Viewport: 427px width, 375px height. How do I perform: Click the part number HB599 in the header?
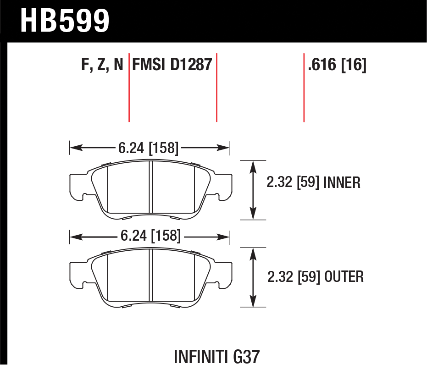click(x=65, y=21)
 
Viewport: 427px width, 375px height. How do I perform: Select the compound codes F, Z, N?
click(x=102, y=65)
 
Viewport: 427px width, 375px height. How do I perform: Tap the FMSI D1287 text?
click(x=172, y=65)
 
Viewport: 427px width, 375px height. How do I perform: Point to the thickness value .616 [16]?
click(x=337, y=65)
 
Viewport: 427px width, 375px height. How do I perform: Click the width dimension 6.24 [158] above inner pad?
click(x=149, y=148)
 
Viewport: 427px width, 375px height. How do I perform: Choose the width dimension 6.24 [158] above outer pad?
click(x=150, y=236)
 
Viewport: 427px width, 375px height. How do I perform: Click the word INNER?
click(x=342, y=182)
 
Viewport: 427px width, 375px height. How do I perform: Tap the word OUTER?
click(x=344, y=277)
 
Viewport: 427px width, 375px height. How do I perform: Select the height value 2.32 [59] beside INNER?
click(x=293, y=182)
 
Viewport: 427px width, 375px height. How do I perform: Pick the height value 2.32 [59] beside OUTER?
click(x=294, y=277)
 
